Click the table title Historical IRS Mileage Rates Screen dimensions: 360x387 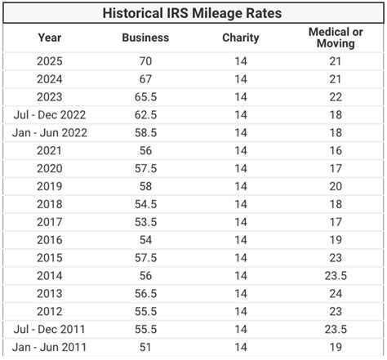coord(193,14)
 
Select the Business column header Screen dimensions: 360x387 coord(145,38)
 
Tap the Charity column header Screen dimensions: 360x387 coord(240,38)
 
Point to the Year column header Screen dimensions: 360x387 coord(50,38)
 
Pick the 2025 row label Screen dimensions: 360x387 coord(50,61)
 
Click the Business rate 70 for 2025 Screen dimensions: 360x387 coord(145,61)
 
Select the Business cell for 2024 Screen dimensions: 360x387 coord(145,78)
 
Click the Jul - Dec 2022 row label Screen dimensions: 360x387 coord(50,114)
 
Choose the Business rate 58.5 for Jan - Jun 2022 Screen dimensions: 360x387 coord(145,132)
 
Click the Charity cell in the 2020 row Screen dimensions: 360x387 coord(240,168)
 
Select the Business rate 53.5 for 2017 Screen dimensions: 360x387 coord(145,222)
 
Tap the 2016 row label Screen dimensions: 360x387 coord(50,240)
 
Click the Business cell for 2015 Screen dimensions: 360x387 coord(145,258)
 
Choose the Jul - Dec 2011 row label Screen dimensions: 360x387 coord(50,330)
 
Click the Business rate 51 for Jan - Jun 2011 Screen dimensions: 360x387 coord(145,348)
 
